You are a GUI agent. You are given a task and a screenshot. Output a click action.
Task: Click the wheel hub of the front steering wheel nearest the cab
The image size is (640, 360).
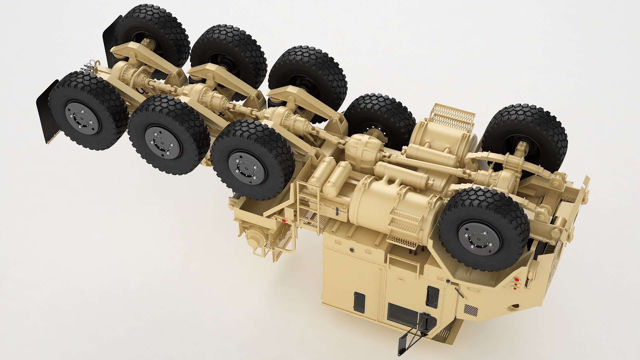pyautogui.click(x=479, y=238)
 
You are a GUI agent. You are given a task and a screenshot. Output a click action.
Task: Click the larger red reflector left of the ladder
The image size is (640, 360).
pyautogui.click(x=284, y=221)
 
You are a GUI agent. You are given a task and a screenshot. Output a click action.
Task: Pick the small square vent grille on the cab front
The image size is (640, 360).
pyautogui.click(x=471, y=310)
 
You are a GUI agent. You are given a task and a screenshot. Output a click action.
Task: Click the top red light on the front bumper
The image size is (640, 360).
pyautogui.click(x=515, y=279)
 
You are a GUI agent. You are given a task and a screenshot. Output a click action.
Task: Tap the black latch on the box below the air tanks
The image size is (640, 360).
pyautogui.click(x=337, y=211)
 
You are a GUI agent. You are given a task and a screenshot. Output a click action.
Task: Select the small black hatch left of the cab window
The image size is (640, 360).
pyautogui.click(x=359, y=302)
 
